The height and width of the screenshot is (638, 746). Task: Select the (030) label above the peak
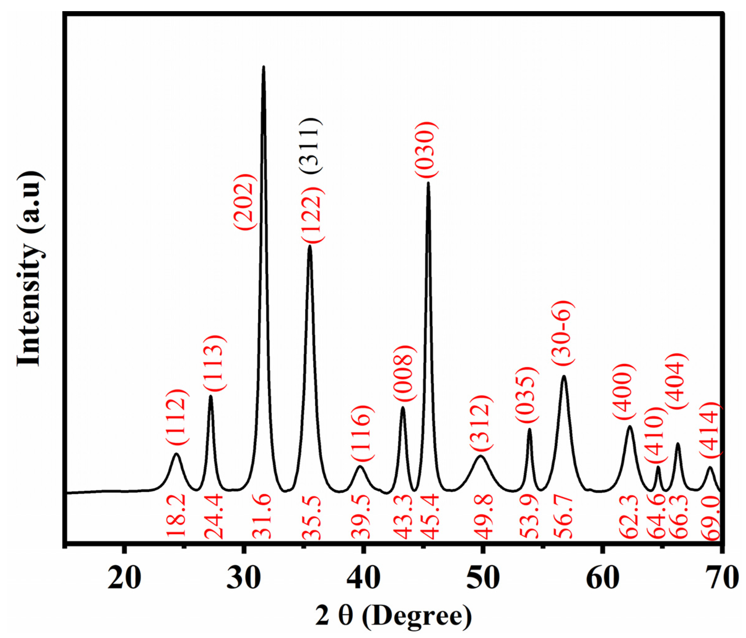click(427, 149)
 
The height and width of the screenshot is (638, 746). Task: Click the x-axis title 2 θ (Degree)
click(394, 616)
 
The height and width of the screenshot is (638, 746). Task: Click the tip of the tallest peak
click(264, 67)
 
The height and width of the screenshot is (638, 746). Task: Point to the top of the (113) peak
click(211, 396)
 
